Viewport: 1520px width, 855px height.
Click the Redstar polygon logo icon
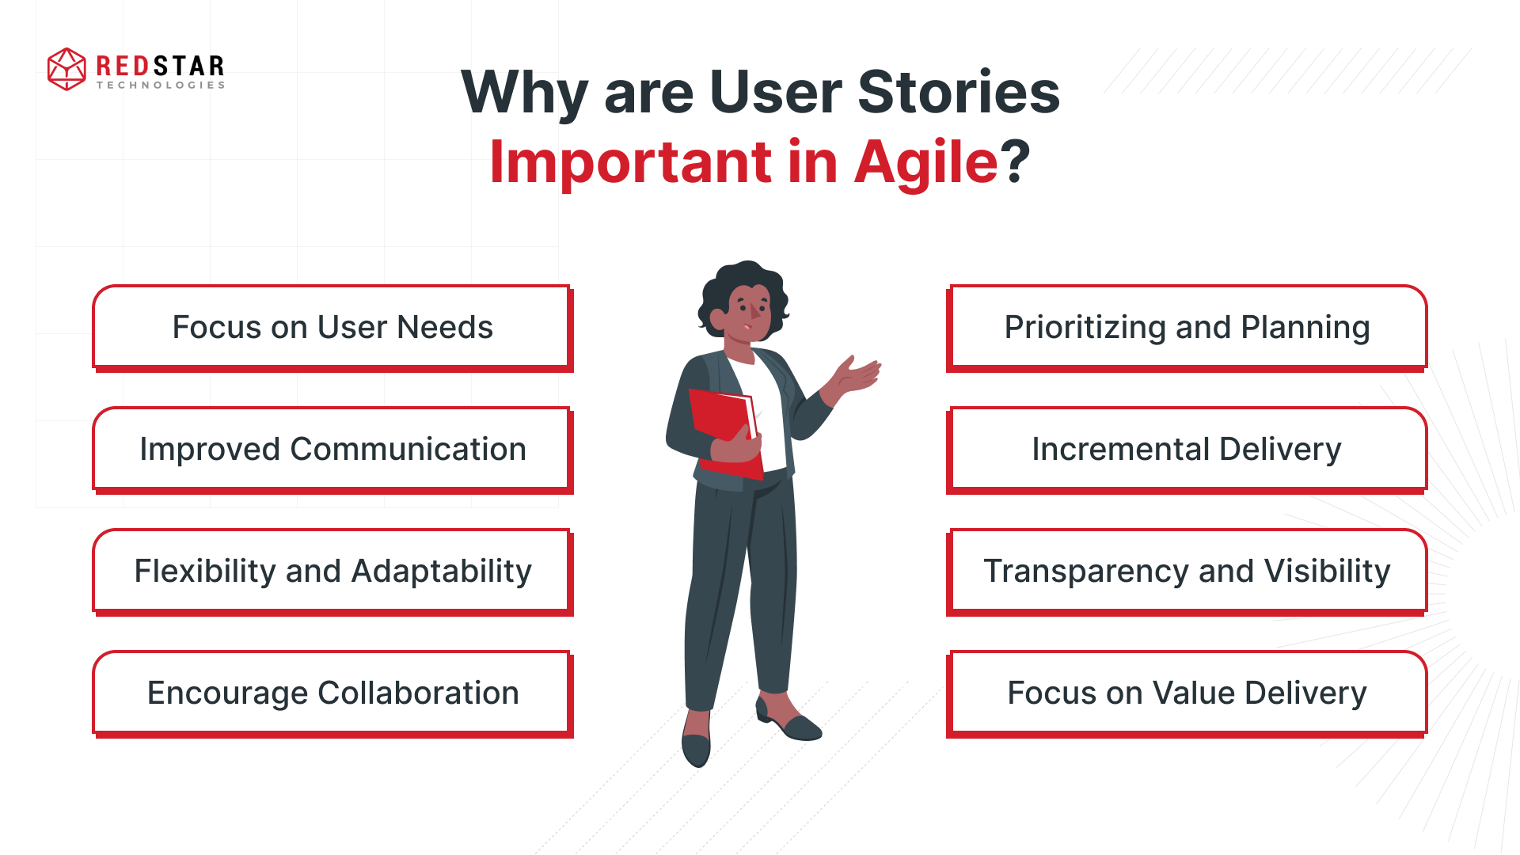point(66,69)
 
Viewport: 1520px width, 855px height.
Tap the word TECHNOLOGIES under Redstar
point(161,85)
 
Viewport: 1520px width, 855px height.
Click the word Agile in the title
point(925,162)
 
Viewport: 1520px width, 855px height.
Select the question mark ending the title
point(1015,162)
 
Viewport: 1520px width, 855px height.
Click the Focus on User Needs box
point(332,327)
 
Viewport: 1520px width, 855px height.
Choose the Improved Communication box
point(332,449)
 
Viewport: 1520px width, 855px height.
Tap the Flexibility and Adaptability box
point(332,571)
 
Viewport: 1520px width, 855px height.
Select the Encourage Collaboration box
point(332,693)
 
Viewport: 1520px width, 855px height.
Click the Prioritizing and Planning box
point(1187,327)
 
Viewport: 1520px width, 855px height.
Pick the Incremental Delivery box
point(1187,449)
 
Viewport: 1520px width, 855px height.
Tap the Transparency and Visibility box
point(1187,571)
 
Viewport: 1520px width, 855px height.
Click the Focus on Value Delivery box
point(1187,693)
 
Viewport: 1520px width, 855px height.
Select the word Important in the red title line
point(630,162)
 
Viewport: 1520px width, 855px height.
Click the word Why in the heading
point(523,93)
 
